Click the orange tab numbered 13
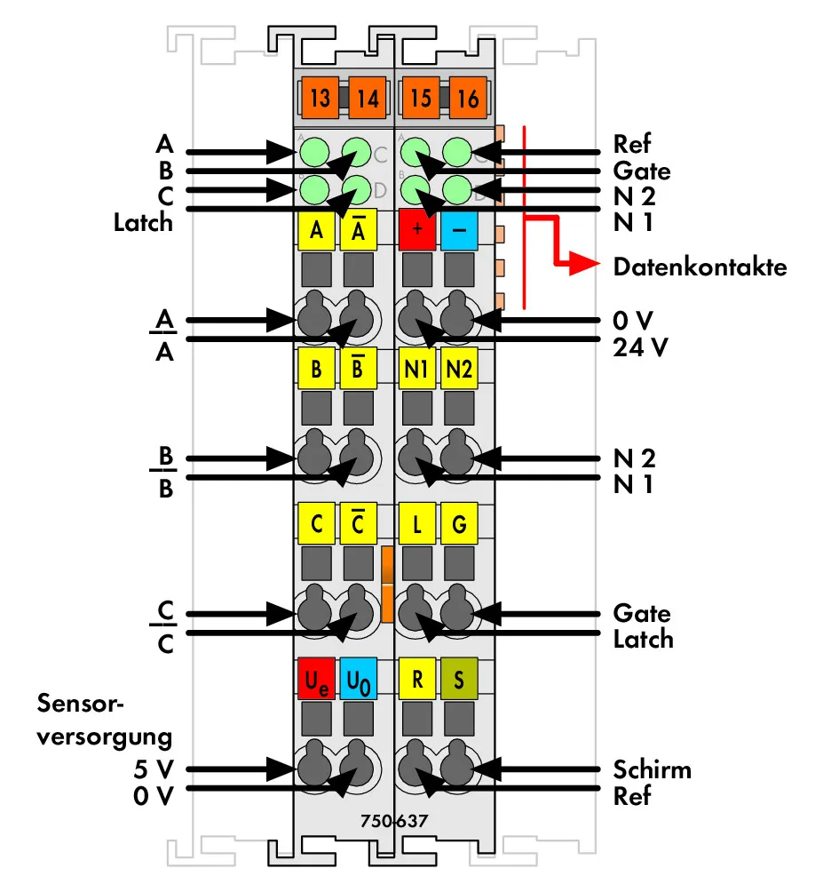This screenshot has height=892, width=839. pyautogui.click(x=320, y=97)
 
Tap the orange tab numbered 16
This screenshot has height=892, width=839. pyautogui.click(x=468, y=97)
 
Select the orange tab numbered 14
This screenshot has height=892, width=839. pyautogui.click(x=368, y=97)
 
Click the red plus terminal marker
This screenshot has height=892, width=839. pyautogui.click(x=417, y=229)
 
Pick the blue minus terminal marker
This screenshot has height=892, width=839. pyautogui.click(x=459, y=229)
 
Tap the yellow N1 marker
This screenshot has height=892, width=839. pyautogui.click(x=417, y=369)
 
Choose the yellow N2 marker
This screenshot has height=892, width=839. pyautogui.click(x=459, y=369)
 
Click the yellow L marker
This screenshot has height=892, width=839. pyautogui.click(x=417, y=523)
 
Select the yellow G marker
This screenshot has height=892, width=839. pyautogui.click(x=459, y=523)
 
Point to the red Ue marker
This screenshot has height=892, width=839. pyautogui.click(x=317, y=679)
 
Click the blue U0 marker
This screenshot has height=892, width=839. pyautogui.click(x=359, y=679)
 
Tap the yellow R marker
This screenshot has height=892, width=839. pyautogui.click(x=417, y=679)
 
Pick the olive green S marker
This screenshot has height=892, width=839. pyautogui.click(x=459, y=679)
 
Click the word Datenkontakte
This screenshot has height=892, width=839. pyautogui.click(x=700, y=267)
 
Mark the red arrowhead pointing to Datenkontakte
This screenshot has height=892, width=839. pyautogui.click(x=584, y=263)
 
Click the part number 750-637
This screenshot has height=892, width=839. pyautogui.click(x=394, y=820)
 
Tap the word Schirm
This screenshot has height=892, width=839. pyautogui.click(x=652, y=769)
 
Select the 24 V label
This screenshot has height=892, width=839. pyautogui.click(x=640, y=347)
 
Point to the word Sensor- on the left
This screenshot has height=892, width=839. pyautogui.click(x=80, y=703)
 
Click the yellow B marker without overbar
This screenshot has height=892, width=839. pyautogui.click(x=317, y=369)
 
